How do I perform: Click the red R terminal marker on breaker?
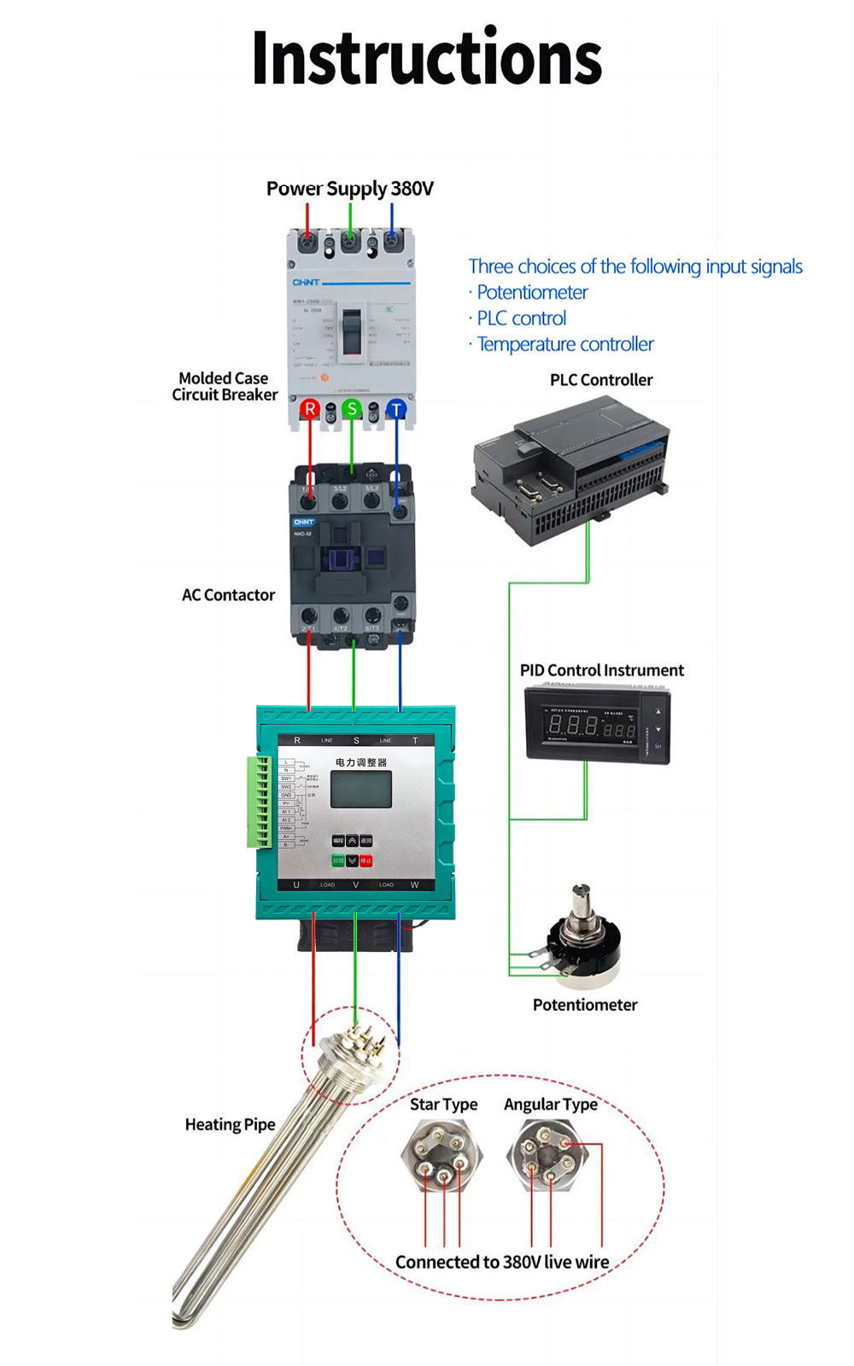pyautogui.click(x=309, y=409)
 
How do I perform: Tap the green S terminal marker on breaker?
pyautogui.click(x=351, y=409)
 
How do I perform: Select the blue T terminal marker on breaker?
pyautogui.click(x=396, y=410)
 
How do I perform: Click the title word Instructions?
pyautogui.click(x=427, y=58)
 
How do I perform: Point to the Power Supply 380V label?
pyautogui.click(x=350, y=189)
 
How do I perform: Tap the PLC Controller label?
pyautogui.click(x=601, y=380)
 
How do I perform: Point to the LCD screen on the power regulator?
pyautogui.click(x=361, y=790)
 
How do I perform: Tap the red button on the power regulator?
pyautogui.click(x=366, y=861)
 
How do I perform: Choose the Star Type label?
pyautogui.click(x=443, y=1105)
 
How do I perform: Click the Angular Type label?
pyautogui.click(x=551, y=1105)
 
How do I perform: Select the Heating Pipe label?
pyautogui.click(x=230, y=1124)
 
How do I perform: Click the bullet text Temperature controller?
pyautogui.click(x=565, y=344)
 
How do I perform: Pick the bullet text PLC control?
pyautogui.click(x=521, y=318)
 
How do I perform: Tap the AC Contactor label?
pyautogui.click(x=228, y=595)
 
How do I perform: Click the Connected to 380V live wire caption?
pyautogui.click(x=502, y=1262)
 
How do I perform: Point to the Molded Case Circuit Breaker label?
pyautogui.click(x=225, y=386)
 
